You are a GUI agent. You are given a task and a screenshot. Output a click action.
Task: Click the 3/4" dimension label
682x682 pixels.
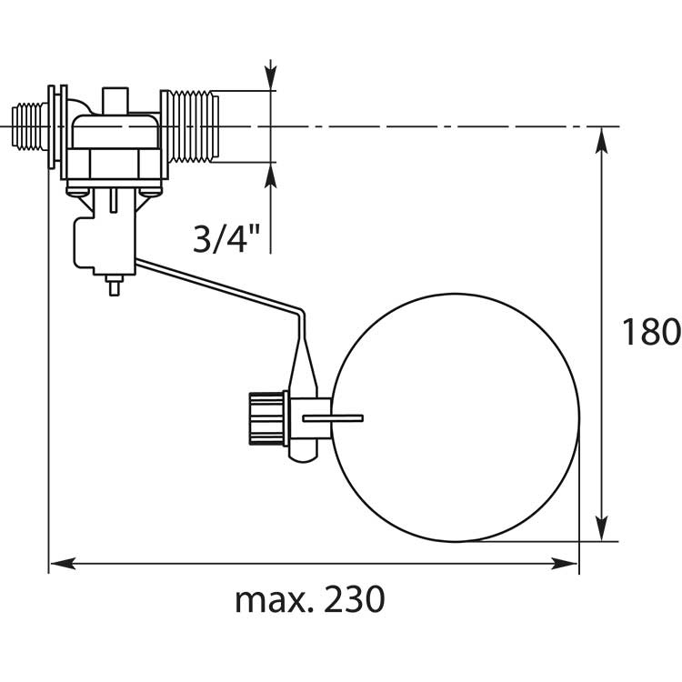(x=226, y=239)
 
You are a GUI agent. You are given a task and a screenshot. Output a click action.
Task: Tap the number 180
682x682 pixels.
(x=652, y=332)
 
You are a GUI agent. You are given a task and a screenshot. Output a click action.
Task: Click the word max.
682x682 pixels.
(x=274, y=600)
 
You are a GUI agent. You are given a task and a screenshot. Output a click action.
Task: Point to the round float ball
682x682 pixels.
(x=456, y=417)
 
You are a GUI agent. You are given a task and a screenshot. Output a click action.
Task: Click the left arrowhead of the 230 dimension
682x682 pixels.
(x=64, y=564)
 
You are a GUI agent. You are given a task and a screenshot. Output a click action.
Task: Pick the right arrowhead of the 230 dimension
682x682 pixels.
(x=564, y=564)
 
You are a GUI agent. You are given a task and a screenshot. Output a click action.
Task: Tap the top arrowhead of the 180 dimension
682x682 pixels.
(x=602, y=140)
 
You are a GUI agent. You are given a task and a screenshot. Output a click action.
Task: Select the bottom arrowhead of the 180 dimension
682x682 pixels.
(x=602, y=527)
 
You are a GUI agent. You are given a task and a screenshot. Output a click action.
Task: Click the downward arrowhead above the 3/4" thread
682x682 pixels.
(x=271, y=77)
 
